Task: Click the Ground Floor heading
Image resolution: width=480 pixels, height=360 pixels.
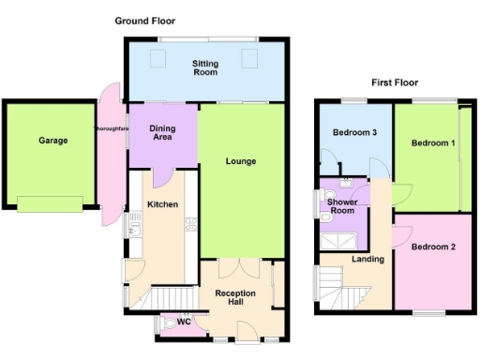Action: point(144,20)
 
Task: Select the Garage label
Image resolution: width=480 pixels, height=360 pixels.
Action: point(52,141)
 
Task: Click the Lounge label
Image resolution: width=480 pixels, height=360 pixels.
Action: point(240,161)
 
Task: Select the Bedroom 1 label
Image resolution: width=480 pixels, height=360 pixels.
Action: point(433,143)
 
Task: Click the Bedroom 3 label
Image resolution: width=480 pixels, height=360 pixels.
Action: point(354,133)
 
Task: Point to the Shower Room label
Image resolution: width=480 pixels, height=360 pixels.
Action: point(343,206)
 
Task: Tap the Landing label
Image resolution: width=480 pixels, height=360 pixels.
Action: point(367,259)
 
